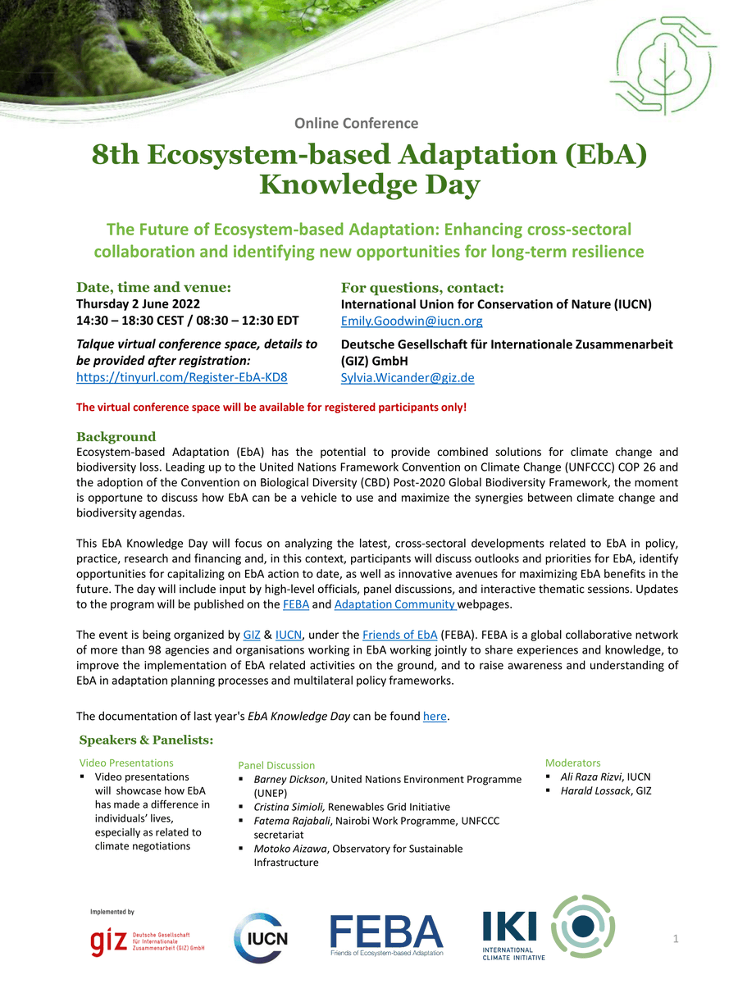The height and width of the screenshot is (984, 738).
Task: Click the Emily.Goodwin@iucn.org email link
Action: (412, 321)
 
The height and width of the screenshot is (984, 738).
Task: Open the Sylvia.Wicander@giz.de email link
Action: (408, 377)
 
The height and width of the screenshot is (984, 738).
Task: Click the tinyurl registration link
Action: (181, 377)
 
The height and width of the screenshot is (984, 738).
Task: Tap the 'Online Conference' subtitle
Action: (357, 123)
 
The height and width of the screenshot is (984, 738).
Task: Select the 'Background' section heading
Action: (116, 436)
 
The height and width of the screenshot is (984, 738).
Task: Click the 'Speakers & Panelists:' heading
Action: (146, 740)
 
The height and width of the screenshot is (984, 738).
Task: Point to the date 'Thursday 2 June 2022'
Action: (138, 304)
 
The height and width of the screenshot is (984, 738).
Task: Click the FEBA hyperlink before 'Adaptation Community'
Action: (295, 604)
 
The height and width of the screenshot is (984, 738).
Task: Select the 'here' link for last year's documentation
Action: (435, 717)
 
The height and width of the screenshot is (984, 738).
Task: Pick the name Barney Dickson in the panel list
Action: (290, 779)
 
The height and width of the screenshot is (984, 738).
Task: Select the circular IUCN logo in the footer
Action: (261, 937)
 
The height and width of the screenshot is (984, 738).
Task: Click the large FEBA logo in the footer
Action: (386, 936)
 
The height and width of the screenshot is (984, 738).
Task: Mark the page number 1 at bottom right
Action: (676, 940)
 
